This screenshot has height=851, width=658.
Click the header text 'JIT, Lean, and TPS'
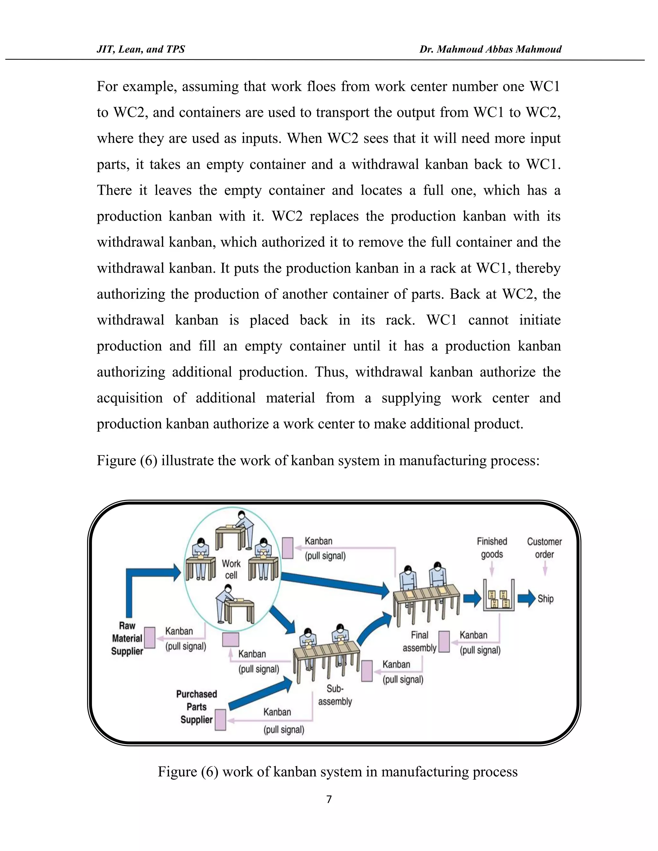(x=141, y=49)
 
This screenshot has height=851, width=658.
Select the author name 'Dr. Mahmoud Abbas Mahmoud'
(x=490, y=49)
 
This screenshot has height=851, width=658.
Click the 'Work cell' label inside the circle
(x=231, y=569)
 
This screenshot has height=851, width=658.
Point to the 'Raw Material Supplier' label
(x=127, y=638)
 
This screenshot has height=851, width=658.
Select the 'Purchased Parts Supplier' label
(x=196, y=706)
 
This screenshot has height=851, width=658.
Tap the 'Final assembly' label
(x=419, y=641)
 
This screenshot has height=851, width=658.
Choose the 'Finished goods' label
(x=492, y=548)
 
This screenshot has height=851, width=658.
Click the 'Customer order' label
(x=545, y=548)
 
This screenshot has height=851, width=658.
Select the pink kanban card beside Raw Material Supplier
(x=150, y=638)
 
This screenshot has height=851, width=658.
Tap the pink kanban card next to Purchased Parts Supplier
(x=221, y=720)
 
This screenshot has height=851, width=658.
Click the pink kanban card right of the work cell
(x=288, y=548)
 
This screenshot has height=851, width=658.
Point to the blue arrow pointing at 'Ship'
(x=526, y=598)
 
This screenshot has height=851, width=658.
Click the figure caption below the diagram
(x=338, y=771)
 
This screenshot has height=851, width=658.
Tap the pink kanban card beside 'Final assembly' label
(x=444, y=642)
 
